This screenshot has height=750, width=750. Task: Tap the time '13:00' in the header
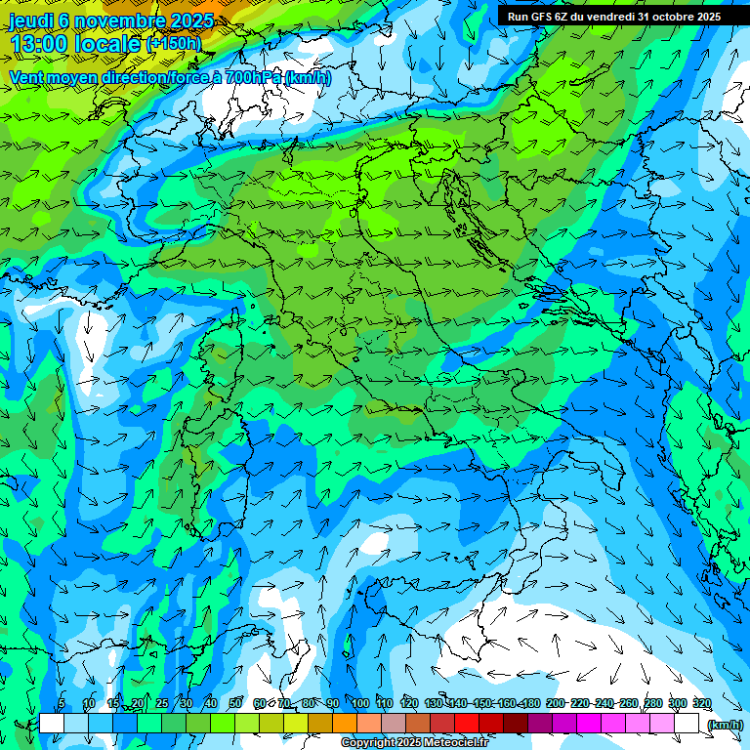click(x=41, y=44)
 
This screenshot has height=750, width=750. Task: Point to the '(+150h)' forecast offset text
click(x=174, y=44)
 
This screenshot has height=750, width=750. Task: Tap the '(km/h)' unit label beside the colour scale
click(x=725, y=725)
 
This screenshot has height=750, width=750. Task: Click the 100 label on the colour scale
click(x=360, y=704)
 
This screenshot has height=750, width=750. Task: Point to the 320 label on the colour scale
click(x=701, y=704)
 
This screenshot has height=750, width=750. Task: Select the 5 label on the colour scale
click(x=62, y=704)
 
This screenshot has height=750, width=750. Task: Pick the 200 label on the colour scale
click(x=556, y=704)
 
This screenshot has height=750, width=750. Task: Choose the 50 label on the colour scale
click(x=235, y=704)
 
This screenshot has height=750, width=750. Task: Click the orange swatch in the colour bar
click(x=345, y=724)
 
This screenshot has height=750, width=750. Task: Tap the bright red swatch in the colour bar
click(x=467, y=724)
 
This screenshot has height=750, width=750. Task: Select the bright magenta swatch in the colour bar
click(x=589, y=724)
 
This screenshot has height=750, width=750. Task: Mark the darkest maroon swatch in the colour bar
click(x=516, y=724)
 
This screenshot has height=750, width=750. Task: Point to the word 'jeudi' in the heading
click(x=30, y=21)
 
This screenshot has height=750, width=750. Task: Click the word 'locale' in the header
click(x=109, y=44)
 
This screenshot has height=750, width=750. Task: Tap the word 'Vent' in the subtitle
click(x=26, y=77)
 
